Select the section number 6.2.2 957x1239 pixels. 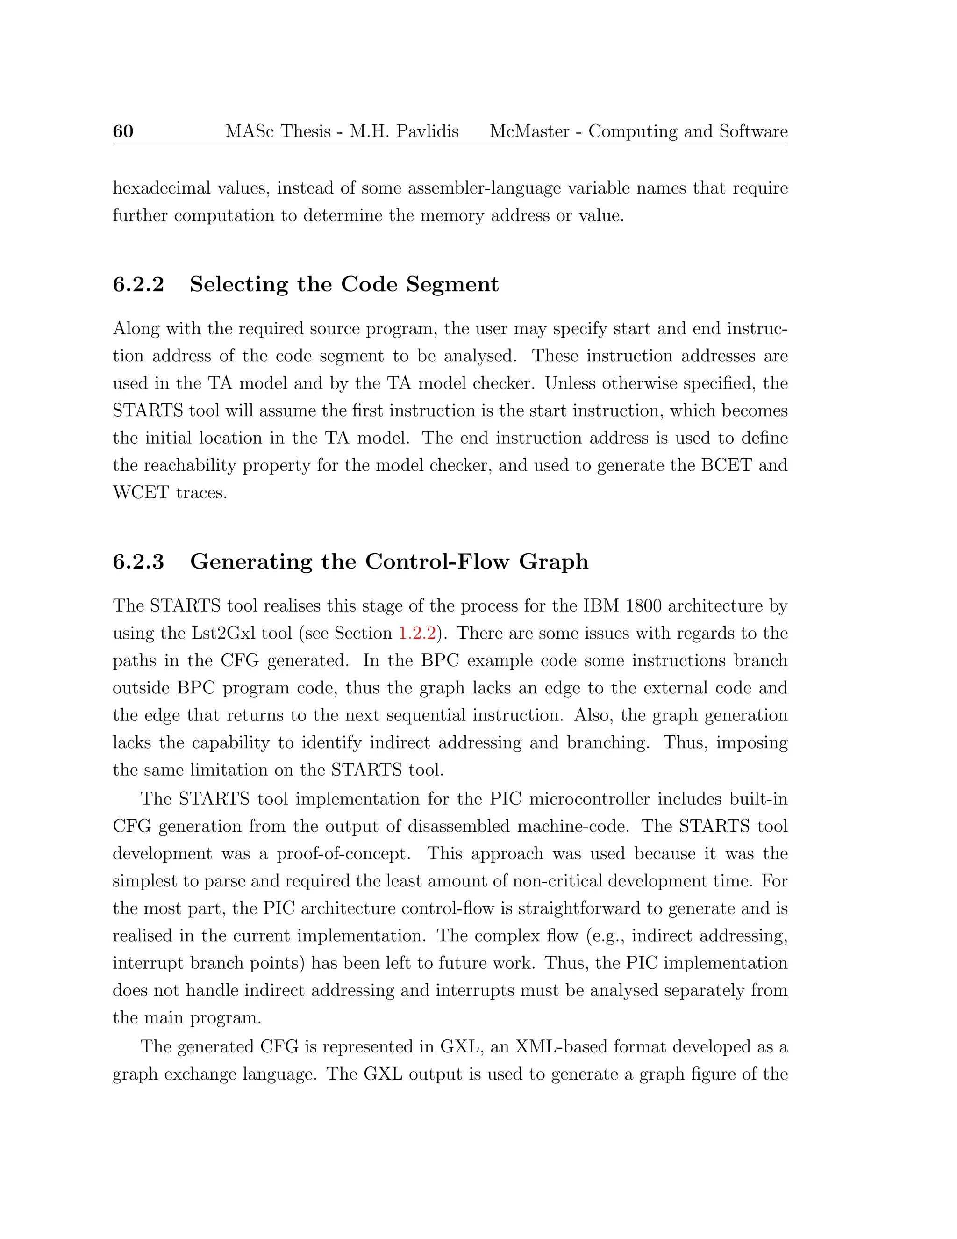tap(138, 284)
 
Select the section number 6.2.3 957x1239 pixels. tap(138, 561)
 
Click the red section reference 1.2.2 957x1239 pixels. tap(417, 633)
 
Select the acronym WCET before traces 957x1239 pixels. tap(141, 492)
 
